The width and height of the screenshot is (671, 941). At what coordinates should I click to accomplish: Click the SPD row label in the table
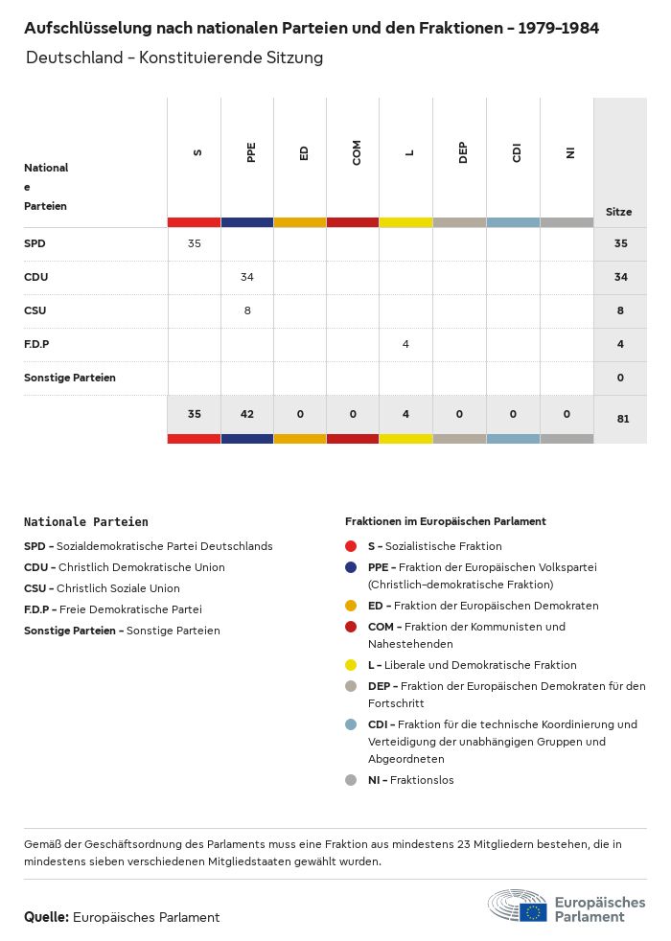coord(35,243)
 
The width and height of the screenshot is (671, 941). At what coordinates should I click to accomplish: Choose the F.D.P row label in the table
coord(36,344)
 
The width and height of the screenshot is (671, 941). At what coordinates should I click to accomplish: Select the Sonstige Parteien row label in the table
coord(70,378)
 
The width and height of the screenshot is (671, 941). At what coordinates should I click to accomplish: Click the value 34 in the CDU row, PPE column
coord(247,277)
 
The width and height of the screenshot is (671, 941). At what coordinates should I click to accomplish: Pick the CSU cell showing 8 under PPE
coord(247,310)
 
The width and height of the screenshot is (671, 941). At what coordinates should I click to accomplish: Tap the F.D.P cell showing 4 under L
coord(406,344)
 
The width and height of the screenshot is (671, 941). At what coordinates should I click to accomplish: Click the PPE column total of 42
coord(247,415)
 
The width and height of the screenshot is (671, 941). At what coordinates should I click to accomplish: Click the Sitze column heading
coord(619,212)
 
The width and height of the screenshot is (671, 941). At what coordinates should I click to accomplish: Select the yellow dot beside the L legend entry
coord(352,665)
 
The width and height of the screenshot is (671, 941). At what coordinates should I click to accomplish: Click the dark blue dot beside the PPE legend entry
coord(352,567)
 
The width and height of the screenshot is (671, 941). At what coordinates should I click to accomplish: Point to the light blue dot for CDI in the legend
coord(352,724)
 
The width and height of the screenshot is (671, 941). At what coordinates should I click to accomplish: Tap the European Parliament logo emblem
coord(518,906)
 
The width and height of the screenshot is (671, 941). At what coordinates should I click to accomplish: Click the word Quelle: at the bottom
coord(46,917)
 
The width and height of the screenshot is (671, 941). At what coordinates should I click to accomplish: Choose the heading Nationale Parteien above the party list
coord(86,522)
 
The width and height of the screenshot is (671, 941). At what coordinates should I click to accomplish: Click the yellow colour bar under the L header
coord(406,222)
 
